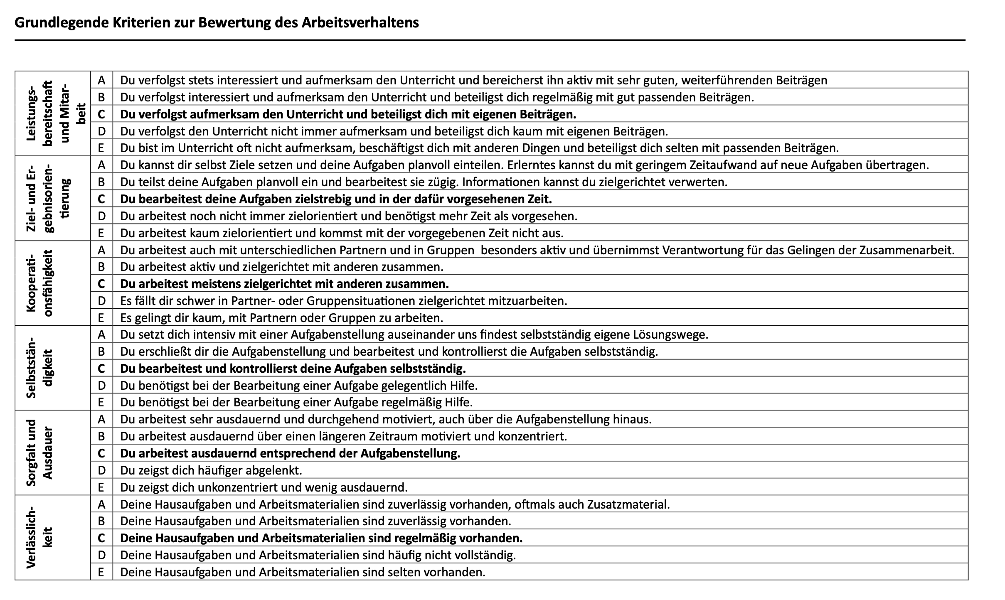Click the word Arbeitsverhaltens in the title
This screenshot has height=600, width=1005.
point(360,22)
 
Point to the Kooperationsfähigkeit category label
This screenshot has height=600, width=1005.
point(40,283)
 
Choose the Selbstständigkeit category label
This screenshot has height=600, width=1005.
point(40,368)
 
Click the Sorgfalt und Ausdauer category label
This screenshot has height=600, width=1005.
point(40,452)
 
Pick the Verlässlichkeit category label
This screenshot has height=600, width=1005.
point(40,537)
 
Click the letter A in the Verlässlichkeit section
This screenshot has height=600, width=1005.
point(101,504)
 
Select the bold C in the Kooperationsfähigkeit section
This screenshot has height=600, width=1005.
point(101,284)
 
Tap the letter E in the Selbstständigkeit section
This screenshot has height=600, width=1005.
point(101,402)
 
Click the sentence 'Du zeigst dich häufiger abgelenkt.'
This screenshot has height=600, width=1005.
point(211,470)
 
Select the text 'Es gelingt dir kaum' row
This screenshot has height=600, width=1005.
point(281,318)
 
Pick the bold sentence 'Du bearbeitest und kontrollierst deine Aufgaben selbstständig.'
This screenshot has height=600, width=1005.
point(293,369)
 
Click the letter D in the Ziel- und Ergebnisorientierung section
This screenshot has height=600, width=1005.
point(101,216)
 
